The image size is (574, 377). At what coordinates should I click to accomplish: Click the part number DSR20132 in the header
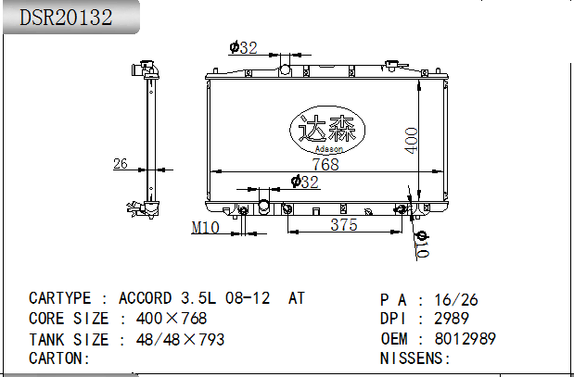pyautogui.click(x=66, y=18)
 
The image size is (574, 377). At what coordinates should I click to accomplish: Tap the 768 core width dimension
pyautogui.click(x=325, y=164)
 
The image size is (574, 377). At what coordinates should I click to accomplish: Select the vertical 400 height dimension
pyautogui.click(x=412, y=141)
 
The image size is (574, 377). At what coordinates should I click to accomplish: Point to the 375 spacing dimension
pyautogui.click(x=344, y=224)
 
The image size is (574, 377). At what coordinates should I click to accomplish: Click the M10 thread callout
pyautogui.click(x=205, y=228)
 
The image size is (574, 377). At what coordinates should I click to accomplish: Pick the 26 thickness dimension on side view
pyautogui.click(x=121, y=163)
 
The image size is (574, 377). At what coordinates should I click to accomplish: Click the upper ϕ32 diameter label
pyautogui.click(x=244, y=47)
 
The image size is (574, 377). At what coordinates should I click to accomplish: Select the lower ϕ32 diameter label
pyautogui.click(x=305, y=182)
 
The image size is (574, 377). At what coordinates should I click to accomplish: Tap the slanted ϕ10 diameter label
pyautogui.click(x=422, y=244)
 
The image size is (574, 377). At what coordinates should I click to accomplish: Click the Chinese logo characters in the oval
pyautogui.click(x=327, y=129)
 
